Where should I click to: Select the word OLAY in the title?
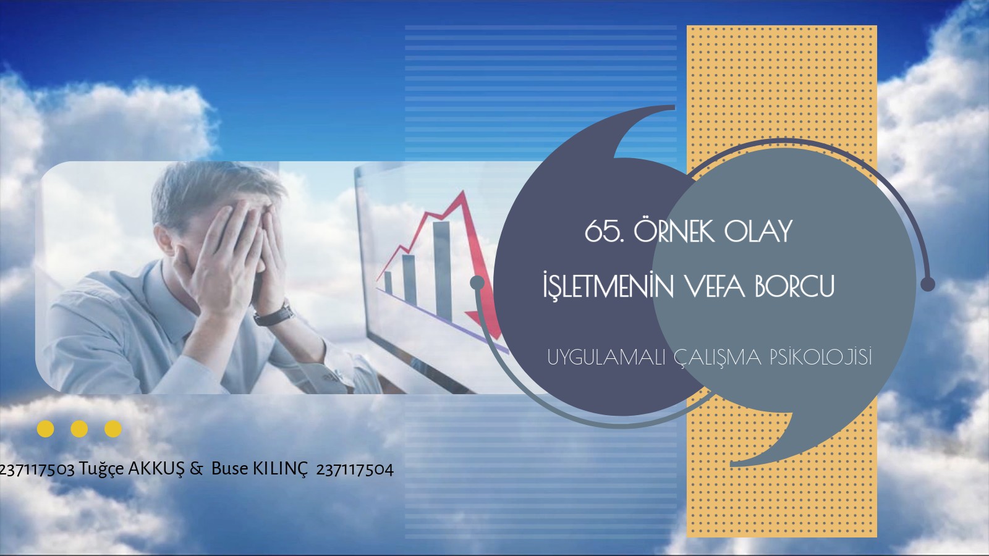[758, 232]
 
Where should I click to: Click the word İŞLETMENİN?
[608, 287]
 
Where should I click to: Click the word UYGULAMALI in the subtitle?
[606, 358]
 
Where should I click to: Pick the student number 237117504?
[355, 470]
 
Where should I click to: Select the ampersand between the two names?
[197, 469]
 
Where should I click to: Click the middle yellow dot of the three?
[79, 429]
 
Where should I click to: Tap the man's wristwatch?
[274, 314]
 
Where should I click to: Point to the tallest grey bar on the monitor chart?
[443, 271]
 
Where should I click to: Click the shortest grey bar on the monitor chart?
[388, 283]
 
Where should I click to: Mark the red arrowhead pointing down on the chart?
[484, 324]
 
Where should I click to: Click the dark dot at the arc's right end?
[928, 284]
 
